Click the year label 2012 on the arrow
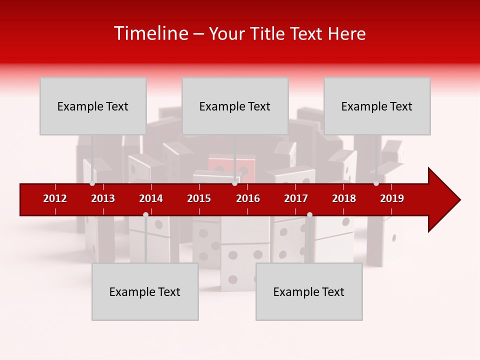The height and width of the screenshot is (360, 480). click(x=55, y=198)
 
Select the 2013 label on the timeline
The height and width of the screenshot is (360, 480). click(x=103, y=198)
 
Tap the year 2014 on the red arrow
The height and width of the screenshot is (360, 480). click(x=151, y=198)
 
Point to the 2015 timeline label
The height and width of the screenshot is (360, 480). click(x=199, y=198)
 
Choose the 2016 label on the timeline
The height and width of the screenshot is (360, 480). click(x=248, y=198)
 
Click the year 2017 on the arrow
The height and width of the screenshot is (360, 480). click(x=296, y=198)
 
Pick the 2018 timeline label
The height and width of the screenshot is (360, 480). click(x=344, y=198)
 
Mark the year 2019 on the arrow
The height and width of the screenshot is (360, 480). click(x=392, y=198)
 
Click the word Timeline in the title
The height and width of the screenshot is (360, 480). click(x=150, y=33)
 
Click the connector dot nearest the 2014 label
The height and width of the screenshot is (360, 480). click(x=145, y=214)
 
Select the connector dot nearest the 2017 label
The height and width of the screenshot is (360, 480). click(x=309, y=214)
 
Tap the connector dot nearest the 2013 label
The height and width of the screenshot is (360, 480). click(x=92, y=183)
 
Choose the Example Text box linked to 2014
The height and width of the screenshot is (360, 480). click(x=145, y=291)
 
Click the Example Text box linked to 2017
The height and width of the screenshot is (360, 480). click(x=309, y=291)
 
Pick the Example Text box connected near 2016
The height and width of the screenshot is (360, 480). click(x=235, y=106)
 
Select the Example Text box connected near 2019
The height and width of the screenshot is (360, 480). click(x=377, y=106)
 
